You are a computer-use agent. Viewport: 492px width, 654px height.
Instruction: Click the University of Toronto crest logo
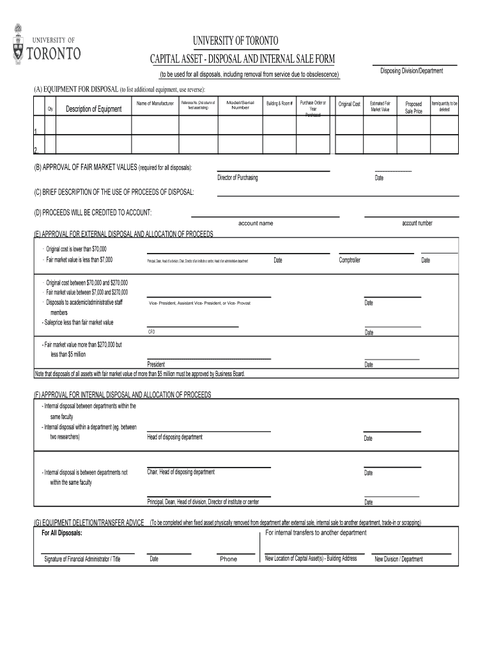(18, 44)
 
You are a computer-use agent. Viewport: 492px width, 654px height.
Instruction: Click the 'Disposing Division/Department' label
(411, 71)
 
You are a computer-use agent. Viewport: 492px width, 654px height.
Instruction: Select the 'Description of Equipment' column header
(93, 109)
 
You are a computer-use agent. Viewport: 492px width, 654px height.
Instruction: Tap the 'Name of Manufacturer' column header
(155, 103)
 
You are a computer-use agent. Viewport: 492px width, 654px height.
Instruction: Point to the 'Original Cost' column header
(350, 103)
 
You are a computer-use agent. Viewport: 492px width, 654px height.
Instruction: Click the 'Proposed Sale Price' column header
(413, 107)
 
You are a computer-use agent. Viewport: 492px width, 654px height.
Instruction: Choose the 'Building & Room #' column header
(280, 103)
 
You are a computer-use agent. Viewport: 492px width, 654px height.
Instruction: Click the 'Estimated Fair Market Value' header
(380, 106)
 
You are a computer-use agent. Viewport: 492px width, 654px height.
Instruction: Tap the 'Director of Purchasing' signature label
(238, 178)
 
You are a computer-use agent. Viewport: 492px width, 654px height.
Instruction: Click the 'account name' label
(256, 224)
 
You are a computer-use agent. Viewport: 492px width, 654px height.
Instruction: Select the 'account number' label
(417, 223)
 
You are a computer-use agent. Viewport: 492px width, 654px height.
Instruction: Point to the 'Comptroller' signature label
(350, 260)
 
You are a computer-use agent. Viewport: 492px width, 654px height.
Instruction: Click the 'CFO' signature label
(151, 332)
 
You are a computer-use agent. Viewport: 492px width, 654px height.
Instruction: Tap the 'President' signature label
(157, 364)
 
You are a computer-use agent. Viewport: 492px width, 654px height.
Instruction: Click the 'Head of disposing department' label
(174, 437)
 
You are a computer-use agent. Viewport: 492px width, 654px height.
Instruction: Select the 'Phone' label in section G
(228, 559)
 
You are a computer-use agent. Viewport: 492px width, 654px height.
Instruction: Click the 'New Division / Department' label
(399, 559)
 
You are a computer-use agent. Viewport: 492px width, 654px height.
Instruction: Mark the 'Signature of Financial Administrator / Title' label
(82, 559)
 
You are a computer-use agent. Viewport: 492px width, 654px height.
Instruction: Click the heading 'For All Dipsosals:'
(62, 533)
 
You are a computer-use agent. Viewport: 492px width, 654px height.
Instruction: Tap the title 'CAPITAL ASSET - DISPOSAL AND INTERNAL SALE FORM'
(242, 59)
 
